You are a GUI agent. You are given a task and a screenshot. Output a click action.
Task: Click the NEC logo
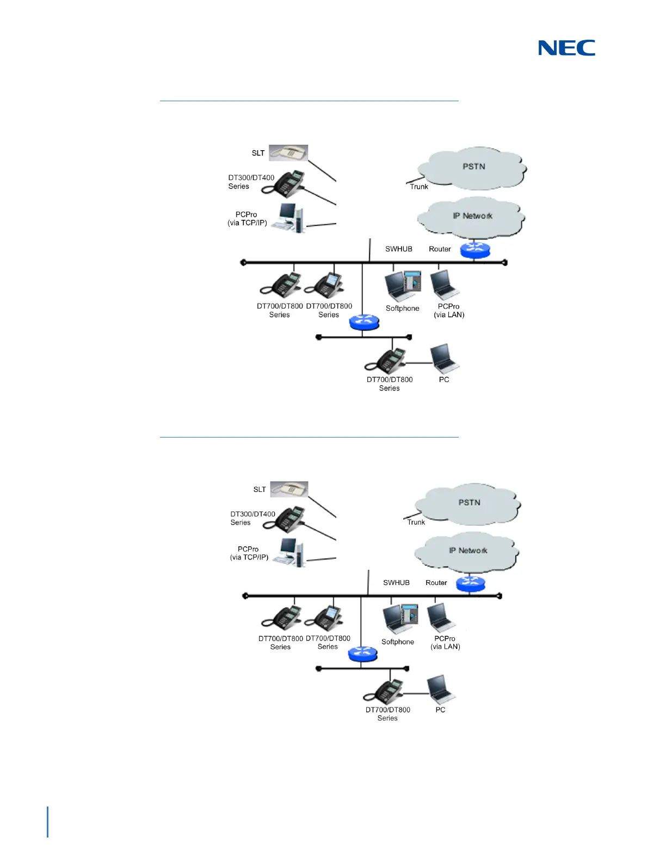point(566,48)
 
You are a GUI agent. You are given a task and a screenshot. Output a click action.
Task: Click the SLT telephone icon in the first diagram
point(288,153)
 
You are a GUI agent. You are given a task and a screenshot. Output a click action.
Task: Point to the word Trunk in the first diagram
point(419,187)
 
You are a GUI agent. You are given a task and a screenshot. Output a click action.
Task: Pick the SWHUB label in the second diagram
point(396,583)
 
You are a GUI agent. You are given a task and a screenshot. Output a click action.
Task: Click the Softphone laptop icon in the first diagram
point(403,286)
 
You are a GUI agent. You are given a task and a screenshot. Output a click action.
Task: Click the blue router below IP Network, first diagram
point(475,250)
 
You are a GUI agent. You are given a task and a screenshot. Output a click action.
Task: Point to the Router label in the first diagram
point(440,249)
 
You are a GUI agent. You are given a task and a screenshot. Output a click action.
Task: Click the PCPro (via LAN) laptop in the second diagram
point(441,618)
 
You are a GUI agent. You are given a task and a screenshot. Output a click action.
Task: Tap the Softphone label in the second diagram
point(398,642)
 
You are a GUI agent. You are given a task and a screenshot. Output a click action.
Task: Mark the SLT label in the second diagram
point(260,490)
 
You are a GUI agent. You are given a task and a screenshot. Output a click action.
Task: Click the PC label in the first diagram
point(444,380)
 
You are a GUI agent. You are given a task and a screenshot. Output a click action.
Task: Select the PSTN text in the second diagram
point(469,503)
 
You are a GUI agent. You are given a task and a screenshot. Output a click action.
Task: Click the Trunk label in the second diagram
point(416,522)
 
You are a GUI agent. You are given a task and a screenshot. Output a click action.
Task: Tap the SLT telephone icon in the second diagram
point(289,489)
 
